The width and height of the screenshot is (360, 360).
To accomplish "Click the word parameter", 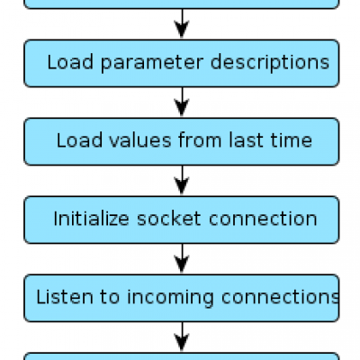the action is (x=152, y=63).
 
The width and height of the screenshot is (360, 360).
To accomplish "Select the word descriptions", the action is (x=270, y=63).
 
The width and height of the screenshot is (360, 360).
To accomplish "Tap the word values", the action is (x=140, y=140).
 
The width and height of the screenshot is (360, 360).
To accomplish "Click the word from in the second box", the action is (x=200, y=140).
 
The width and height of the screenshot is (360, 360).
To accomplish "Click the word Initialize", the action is (x=91, y=219).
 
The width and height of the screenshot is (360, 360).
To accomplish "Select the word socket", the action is (x=169, y=219).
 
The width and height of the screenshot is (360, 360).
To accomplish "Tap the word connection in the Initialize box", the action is (x=263, y=219).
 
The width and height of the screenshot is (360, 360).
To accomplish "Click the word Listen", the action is (x=65, y=297).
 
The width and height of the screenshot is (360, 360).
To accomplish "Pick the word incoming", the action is (x=170, y=298).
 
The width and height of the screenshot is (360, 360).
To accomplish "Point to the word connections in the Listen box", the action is (x=281, y=297).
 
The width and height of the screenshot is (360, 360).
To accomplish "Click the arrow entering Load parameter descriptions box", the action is (x=182, y=24).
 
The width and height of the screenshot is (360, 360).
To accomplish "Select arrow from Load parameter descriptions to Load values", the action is (x=182, y=103).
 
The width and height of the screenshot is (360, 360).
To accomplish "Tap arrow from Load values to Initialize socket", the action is (x=182, y=181).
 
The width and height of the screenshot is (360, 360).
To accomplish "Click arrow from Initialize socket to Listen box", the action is (x=182, y=259).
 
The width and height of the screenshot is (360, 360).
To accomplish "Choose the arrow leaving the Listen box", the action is (x=182, y=337).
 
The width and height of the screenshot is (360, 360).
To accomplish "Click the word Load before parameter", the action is (x=70, y=62).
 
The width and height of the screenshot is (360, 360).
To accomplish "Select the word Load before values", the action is (x=79, y=140).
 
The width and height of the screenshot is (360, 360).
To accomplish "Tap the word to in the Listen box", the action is (x=110, y=297).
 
